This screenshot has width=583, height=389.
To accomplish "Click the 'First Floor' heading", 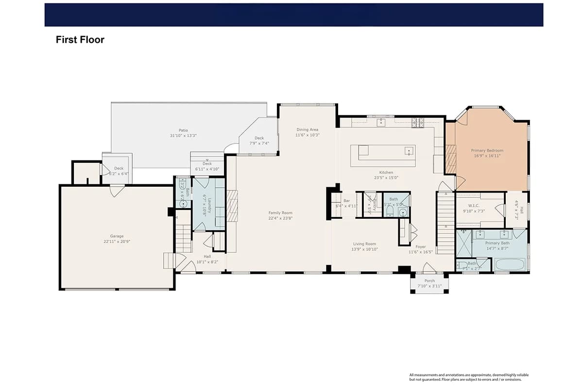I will tap(80, 40).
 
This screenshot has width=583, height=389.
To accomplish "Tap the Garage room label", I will tap(117, 236).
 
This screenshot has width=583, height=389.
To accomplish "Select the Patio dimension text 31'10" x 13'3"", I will tap(183, 136).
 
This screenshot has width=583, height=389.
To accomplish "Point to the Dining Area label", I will tap(307, 129).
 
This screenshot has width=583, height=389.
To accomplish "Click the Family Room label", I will tap(280, 212).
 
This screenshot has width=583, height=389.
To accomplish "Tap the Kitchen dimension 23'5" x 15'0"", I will tap(386, 178).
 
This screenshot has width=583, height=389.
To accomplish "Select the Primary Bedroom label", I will tap(487, 151).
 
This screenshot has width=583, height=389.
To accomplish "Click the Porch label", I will tap(429, 281).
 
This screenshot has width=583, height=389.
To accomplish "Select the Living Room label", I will tap(364, 244).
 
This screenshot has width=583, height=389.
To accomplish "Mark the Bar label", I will tap(346, 200).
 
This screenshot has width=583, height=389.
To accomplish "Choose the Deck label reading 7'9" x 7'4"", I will tap(259, 138).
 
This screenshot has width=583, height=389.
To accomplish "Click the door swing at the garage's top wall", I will tap(117, 191).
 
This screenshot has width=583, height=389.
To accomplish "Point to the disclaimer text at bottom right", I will tap(469, 377).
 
